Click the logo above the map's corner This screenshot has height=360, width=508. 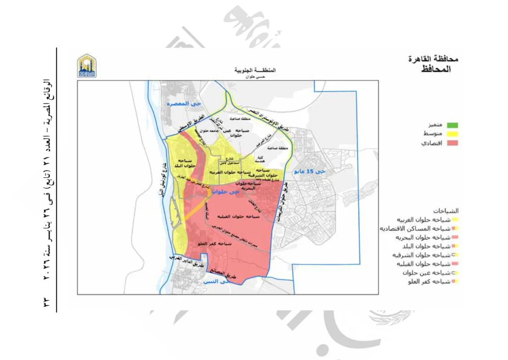pyautogui.click(x=87, y=66)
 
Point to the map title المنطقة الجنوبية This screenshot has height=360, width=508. pyautogui.click(x=256, y=71)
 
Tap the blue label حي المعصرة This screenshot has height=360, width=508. pyautogui.click(x=175, y=104)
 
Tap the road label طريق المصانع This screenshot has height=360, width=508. pyautogui.click(x=230, y=272)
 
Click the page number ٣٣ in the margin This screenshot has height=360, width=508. pyautogui.click(x=46, y=301)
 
